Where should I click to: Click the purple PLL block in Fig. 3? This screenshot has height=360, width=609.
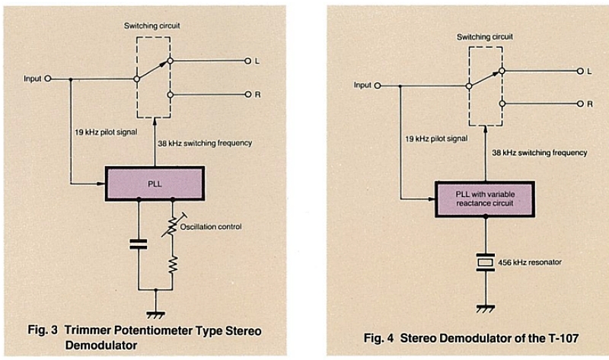[155, 183]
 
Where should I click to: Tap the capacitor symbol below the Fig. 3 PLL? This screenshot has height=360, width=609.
[138, 244]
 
